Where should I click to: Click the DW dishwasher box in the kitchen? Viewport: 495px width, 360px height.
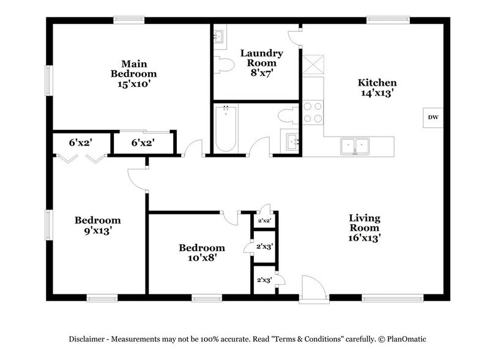click(x=433, y=118)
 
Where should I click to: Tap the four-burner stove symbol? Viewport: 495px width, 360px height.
click(x=313, y=114)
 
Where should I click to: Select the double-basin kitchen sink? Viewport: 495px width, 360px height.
click(x=355, y=146)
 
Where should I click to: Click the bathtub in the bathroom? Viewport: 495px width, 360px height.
click(x=225, y=129)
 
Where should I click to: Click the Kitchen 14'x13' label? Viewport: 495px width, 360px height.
click(x=377, y=88)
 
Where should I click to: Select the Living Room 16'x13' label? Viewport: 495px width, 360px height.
click(x=365, y=228)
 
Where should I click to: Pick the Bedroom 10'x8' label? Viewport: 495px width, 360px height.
click(x=201, y=253)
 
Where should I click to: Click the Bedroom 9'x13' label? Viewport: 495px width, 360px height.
click(x=97, y=226)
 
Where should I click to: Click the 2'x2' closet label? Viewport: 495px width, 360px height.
click(x=264, y=220)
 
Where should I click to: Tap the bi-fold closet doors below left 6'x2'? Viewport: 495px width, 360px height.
click(x=81, y=158)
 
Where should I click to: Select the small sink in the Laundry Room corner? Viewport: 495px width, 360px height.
click(x=219, y=36)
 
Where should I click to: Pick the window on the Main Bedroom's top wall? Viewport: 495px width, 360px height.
click(x=128, y=20)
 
